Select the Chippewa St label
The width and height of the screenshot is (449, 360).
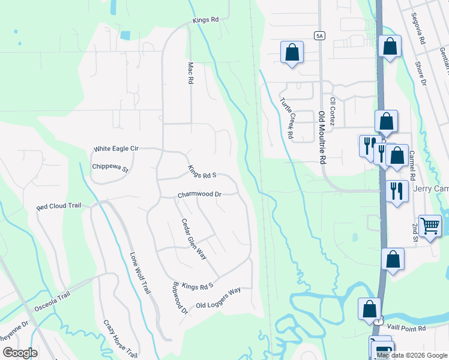[x=110, y=168]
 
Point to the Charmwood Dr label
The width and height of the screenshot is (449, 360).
[x=199, y=195]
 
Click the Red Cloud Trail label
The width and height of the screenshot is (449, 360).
[x=58, y=206]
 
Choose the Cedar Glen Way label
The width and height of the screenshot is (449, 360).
[x=194, y=238]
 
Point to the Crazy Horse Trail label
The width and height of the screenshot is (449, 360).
[x=120, y=339]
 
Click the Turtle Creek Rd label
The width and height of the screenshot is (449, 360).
[x=286, y=118]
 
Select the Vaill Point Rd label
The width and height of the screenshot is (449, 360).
[x=406, y=328]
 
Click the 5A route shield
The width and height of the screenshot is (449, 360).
[x=319, y=35]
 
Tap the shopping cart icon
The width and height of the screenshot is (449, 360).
[x=430, y=226]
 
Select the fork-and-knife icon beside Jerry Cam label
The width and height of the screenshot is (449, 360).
[x=396, y=191]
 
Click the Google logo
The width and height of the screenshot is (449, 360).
[x=20, y=353]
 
